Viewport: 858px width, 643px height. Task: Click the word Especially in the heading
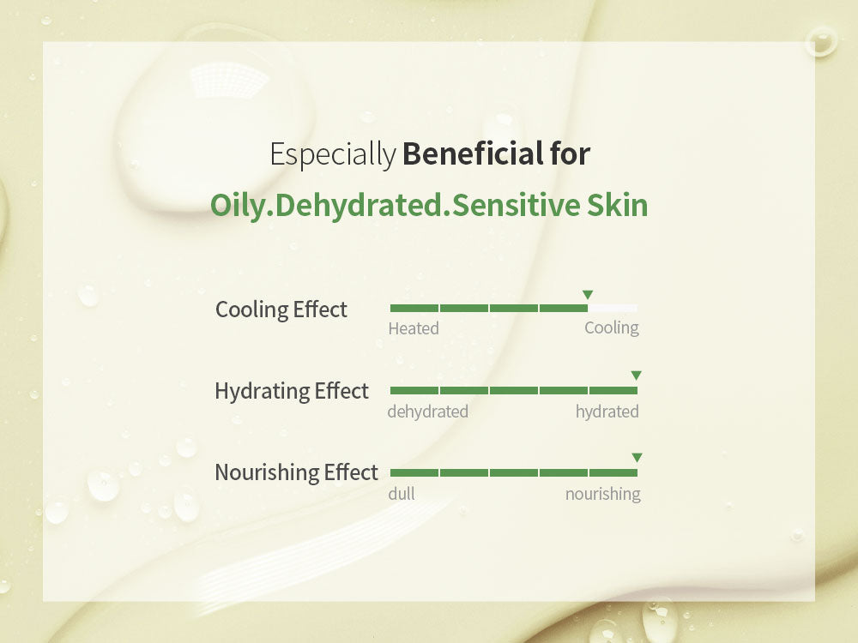(333, 154)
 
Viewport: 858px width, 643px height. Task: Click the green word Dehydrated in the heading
(359, 205)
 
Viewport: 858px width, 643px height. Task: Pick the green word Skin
(617, 205)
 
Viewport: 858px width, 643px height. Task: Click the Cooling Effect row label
(281, 309)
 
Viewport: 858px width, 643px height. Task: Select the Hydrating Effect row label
(292, 392)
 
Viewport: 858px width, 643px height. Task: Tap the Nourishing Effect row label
(297, 472)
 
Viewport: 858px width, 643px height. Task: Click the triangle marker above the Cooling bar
(588, 295)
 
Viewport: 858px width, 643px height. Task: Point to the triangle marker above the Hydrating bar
(636, 376)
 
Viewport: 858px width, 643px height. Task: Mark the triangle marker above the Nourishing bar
(637, 457)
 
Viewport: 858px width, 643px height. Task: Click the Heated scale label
(414, 328)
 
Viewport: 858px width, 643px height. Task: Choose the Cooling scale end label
(612, 328)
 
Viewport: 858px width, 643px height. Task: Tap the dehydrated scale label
(428, 412)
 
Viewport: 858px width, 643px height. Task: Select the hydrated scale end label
(607, 412)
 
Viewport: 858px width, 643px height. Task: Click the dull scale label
(402, 494)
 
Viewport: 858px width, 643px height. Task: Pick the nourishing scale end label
(603, 495)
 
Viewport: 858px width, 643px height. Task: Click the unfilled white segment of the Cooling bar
(613, 309)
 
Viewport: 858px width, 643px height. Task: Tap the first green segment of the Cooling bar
(414, 309)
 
